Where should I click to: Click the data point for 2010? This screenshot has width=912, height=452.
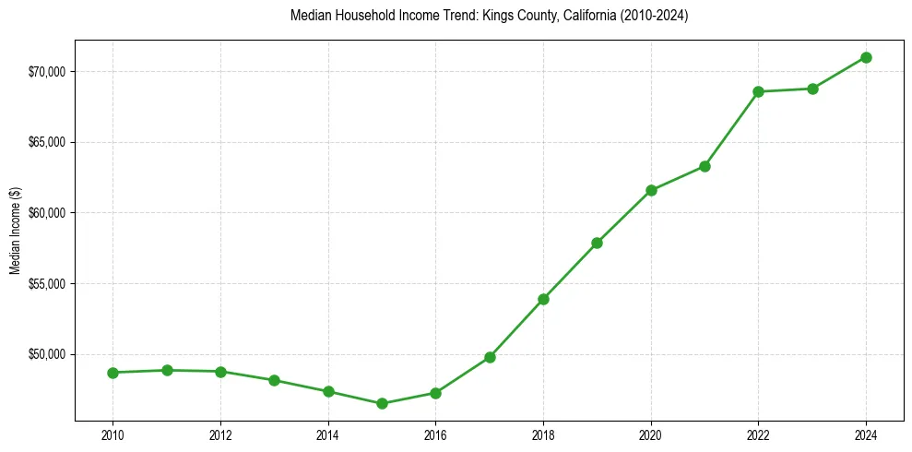[x=113, y=373]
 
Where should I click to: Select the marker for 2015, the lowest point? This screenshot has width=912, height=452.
[x=382, y=403]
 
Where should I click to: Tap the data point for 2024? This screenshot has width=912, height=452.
[x=866, y=57]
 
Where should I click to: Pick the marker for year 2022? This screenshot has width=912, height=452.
[x=758, y=91]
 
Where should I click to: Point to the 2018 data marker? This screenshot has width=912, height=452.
[x=543, y=299]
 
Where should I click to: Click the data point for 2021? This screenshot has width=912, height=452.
[x=705, y=166]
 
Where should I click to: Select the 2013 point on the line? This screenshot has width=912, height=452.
[x=274, y=380]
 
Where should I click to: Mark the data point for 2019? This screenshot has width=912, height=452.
[x=597, y=243]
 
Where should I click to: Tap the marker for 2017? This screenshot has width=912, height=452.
[x=490, y=357]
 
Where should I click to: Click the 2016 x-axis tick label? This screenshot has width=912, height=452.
[x=435, y=434]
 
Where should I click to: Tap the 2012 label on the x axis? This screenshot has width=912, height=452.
[x=220, y=434]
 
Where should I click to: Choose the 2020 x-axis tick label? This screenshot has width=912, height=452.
[x=651, y=434]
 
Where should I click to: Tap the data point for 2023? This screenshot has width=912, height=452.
[x=812, y=89]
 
